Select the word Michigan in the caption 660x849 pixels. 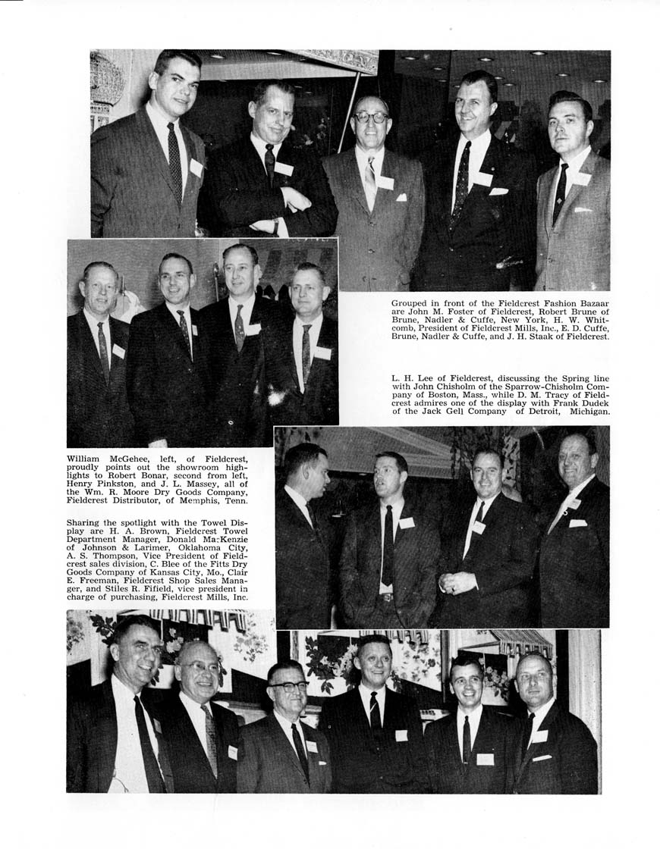pos(585,412)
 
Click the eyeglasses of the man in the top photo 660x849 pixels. pos(372,118)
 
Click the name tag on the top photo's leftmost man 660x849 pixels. pos(196,168)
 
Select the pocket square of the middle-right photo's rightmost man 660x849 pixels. pos(578,523)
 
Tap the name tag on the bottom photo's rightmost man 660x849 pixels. pos(539,735)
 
